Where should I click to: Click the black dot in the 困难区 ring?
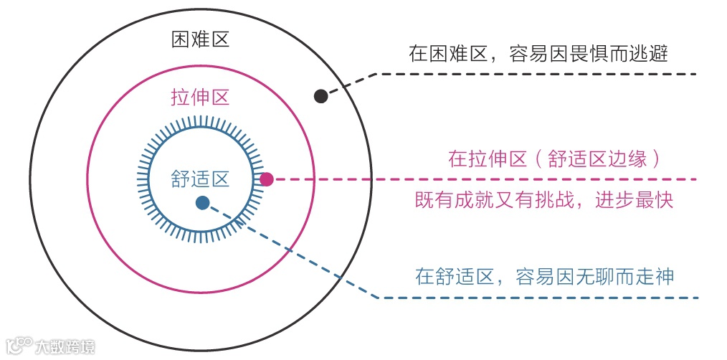click(321, 95)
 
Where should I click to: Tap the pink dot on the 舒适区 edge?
click(266, 179)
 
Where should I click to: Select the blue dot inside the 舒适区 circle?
click(202, 203)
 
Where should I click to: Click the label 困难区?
click(200, 39)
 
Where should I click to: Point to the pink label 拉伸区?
click(200, 98)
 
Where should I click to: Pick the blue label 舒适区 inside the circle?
click(200, 179)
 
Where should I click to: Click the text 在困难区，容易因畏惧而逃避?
click(538, 54)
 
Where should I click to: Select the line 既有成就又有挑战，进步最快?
click(544, 200)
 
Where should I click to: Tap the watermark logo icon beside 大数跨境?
click(19, 346)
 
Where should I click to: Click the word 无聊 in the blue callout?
click(599, 276)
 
